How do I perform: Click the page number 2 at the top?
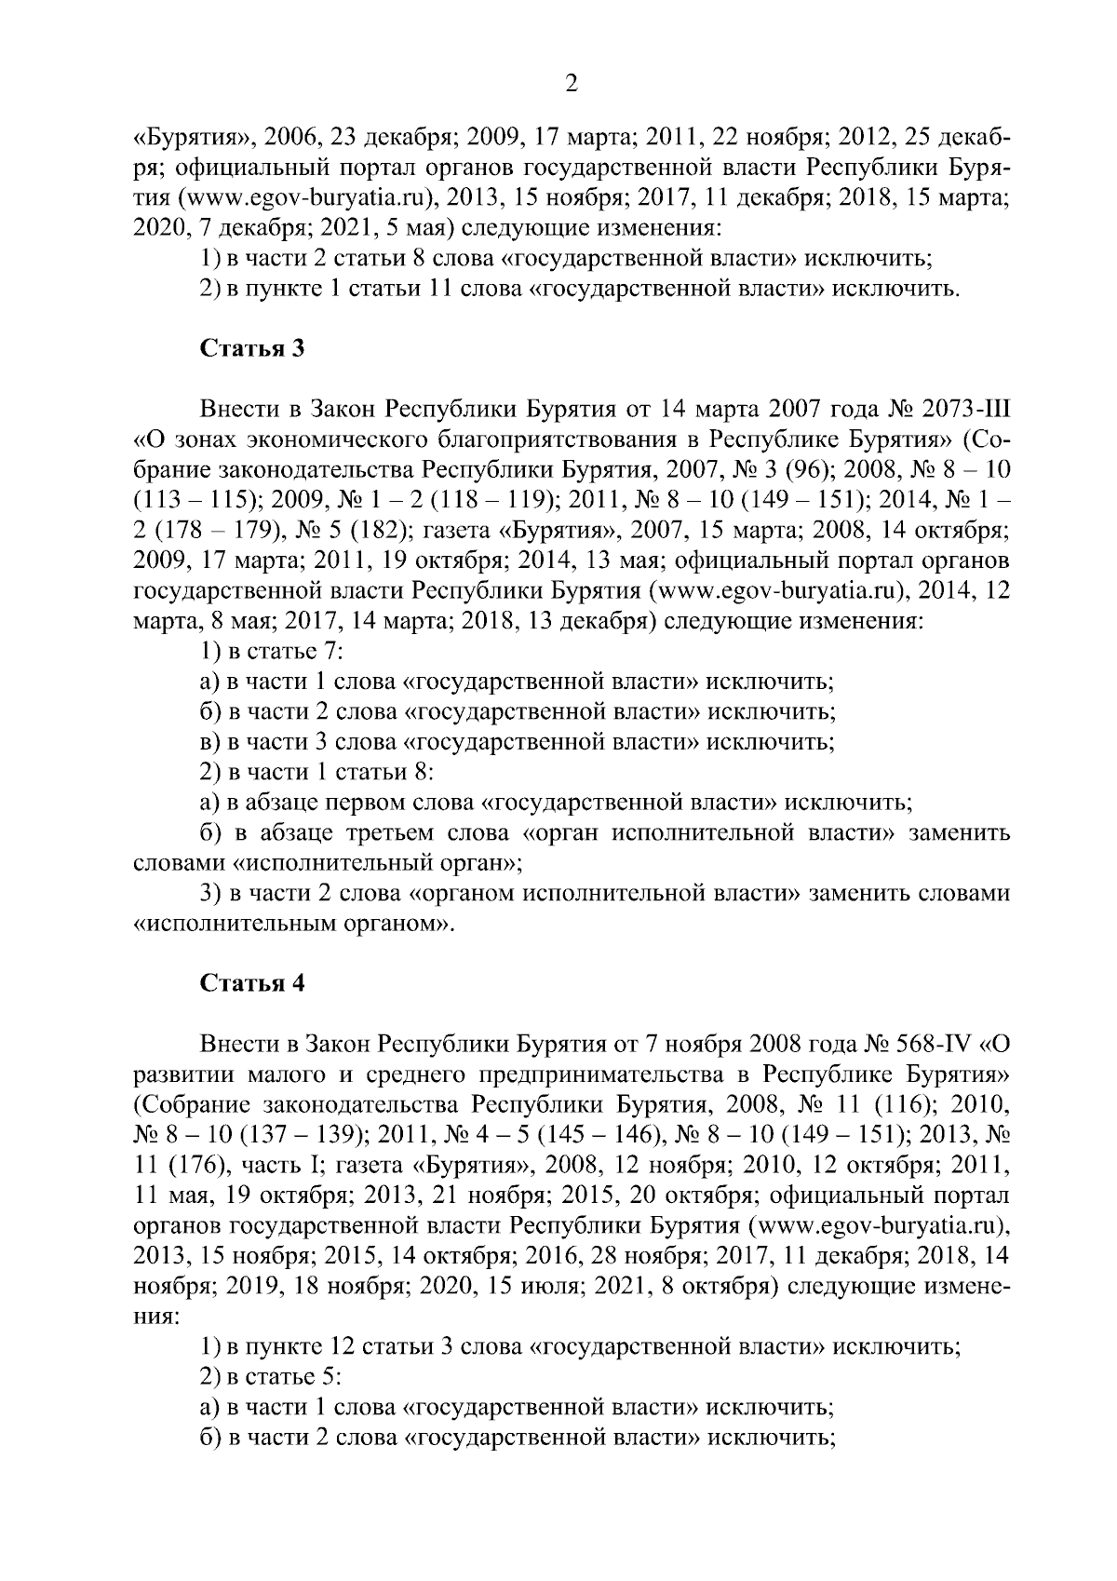(x=572, y=84)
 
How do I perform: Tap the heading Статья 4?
(x=252, y=984)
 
